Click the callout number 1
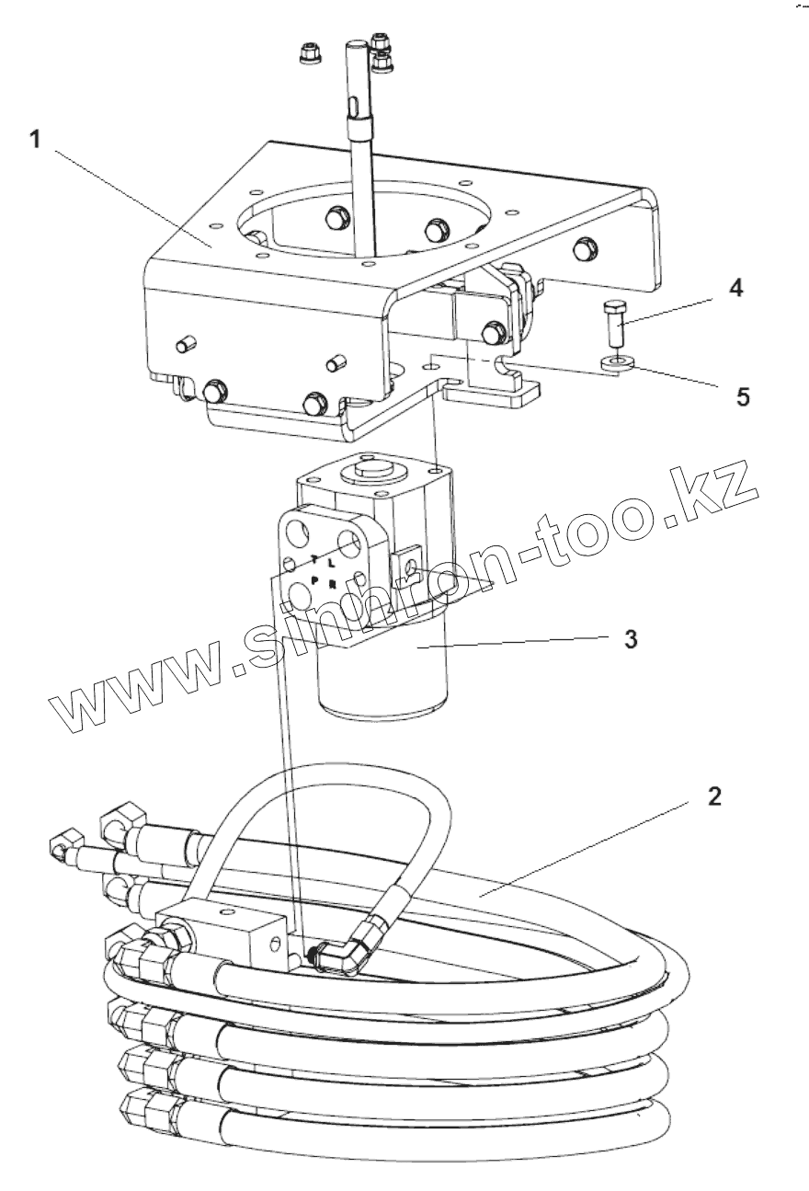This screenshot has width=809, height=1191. pyautogui.click(x=35, y=141)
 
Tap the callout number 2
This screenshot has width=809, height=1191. pyautogui.click(x=714, y=796)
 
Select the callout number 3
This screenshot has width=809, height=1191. pyautogui.click(x=631, y=639)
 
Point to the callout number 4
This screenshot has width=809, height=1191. pyautogui.click(x=735, y=289)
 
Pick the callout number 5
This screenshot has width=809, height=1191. pyautogui.click(x=742, y=396)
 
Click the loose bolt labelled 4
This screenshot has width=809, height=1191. pyautogui.click(x=615, y=322)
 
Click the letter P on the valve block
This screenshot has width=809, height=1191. pyautogui.click(x=313, y=581)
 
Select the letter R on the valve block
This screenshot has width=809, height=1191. pyautogui.click(x=332, y=583)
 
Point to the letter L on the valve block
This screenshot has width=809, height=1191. pyautogui.click(x=331, y=562)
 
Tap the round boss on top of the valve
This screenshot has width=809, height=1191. pyautogui.click(x=370, y=475)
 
